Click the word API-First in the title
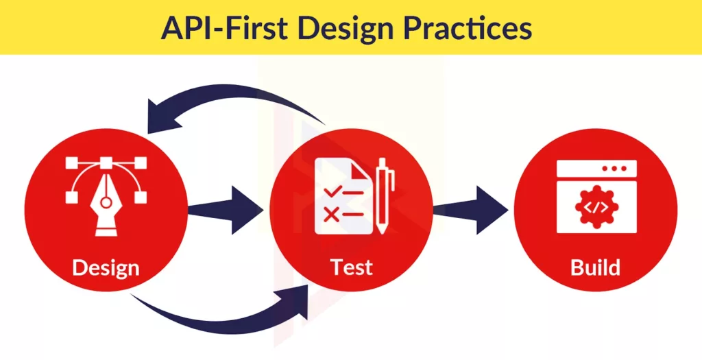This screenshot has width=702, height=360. click(225, 27)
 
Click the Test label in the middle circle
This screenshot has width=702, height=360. click(352, 267)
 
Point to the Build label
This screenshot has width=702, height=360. click(596, 267)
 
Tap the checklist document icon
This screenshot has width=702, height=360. click(343, 196)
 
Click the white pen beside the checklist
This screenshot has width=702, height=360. click(383, 195)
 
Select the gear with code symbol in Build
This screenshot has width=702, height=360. click(597, 207)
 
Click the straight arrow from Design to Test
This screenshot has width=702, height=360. click(225, 210)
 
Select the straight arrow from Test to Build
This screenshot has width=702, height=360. click(470, 210)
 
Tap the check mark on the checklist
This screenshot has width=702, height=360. click(332, 191)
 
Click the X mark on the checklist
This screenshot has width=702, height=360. click(331, 215)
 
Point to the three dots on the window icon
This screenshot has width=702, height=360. click(614, 169)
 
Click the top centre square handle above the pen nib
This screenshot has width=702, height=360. click(106, 162)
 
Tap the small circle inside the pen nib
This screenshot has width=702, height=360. click(106, 203)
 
